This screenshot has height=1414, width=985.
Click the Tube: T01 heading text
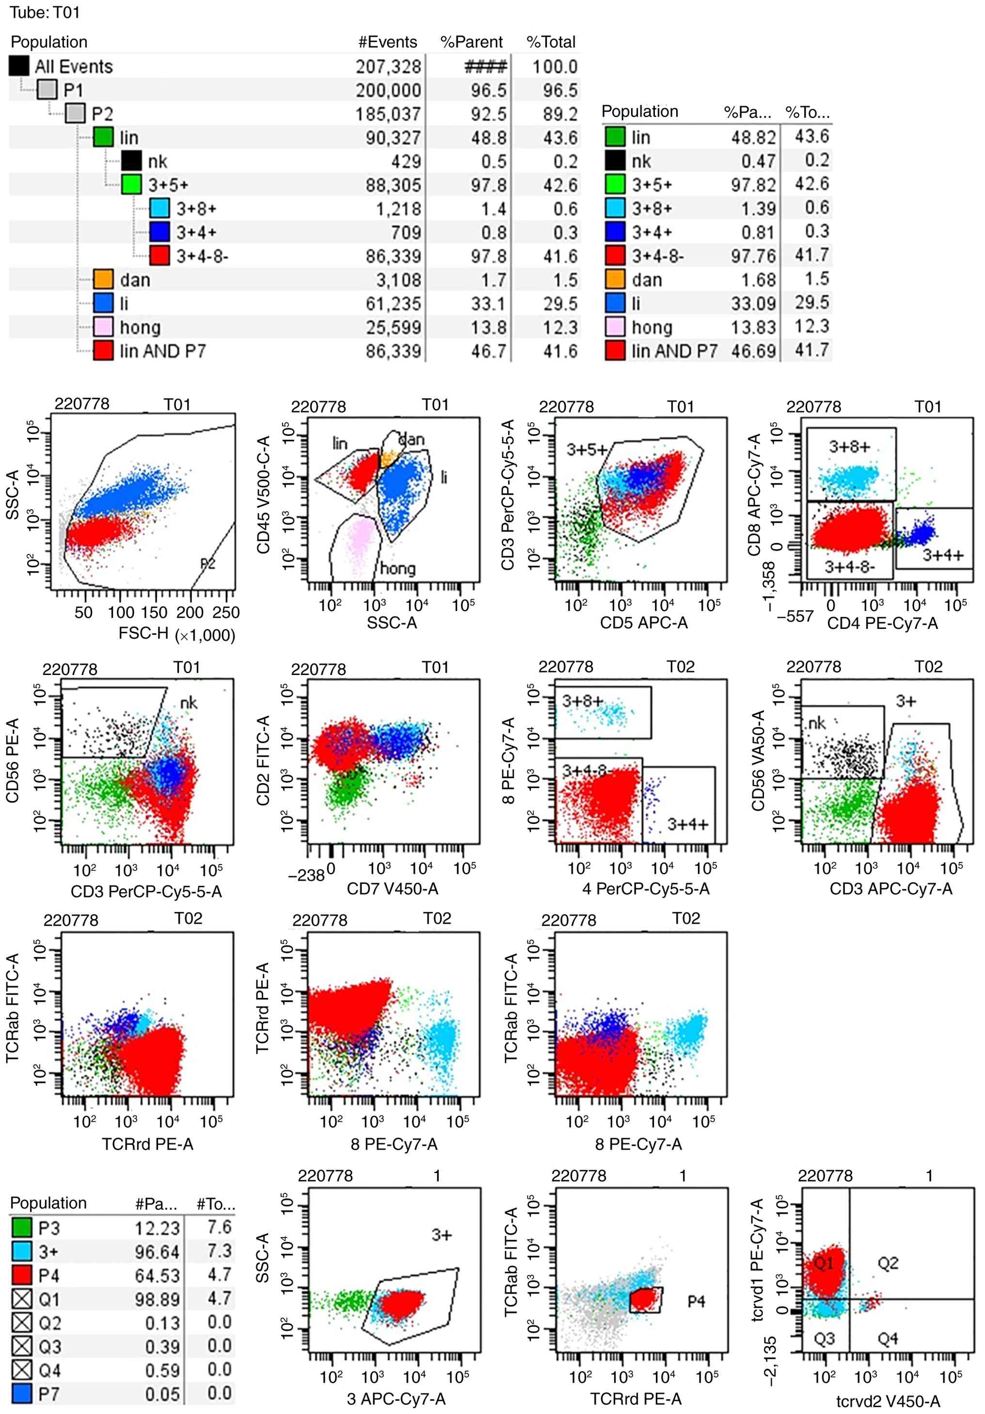pyautogui.click(x=44, y=12)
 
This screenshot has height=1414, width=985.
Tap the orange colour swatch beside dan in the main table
pyautogui.click(x=103, y=280)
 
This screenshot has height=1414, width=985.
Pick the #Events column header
pyautogui.click(x=387, y=42)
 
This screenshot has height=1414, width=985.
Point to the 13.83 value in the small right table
pyautogui.click(x=753, y=327)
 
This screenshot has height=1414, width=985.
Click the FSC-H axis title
pyautogui.click(x=143, y=633)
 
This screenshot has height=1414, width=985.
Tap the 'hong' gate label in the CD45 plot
pyautogui.click(x=397, y=568)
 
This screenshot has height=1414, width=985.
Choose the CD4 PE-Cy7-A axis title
pyautogui.click(x=882, y=623)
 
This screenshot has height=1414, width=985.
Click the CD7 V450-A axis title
pyautogui.click(x=392, y=888)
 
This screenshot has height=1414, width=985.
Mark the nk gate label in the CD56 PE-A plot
pyautogui.click(x=189, y=703)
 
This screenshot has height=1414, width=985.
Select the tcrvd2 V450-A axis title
pyautogui.click(x=888, y=1401)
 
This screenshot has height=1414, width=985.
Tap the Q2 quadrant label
pyautogui.click(x=888, y=1264)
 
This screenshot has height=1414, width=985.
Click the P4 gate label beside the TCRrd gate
pyautogui.click(x=696, y=1302)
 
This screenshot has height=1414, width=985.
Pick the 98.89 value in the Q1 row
pyautogui.click(x=157, y=1300)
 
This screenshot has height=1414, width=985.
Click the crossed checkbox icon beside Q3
pyautogui.click(x=22, y=1346)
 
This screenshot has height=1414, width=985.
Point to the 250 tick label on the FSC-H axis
pyautogui.click(x=226, y=612)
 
